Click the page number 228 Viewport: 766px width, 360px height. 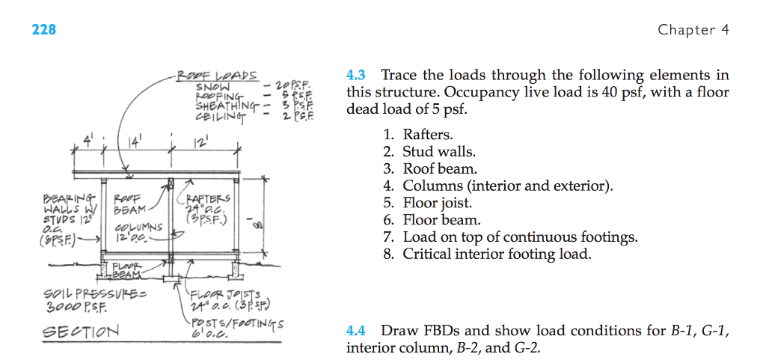[44, 30]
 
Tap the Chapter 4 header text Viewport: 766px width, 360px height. [693, 30]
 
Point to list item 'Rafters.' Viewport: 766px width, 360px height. [428, 135]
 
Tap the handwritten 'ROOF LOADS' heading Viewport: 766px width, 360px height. [218, 76]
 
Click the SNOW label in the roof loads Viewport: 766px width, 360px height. [212, 86]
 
